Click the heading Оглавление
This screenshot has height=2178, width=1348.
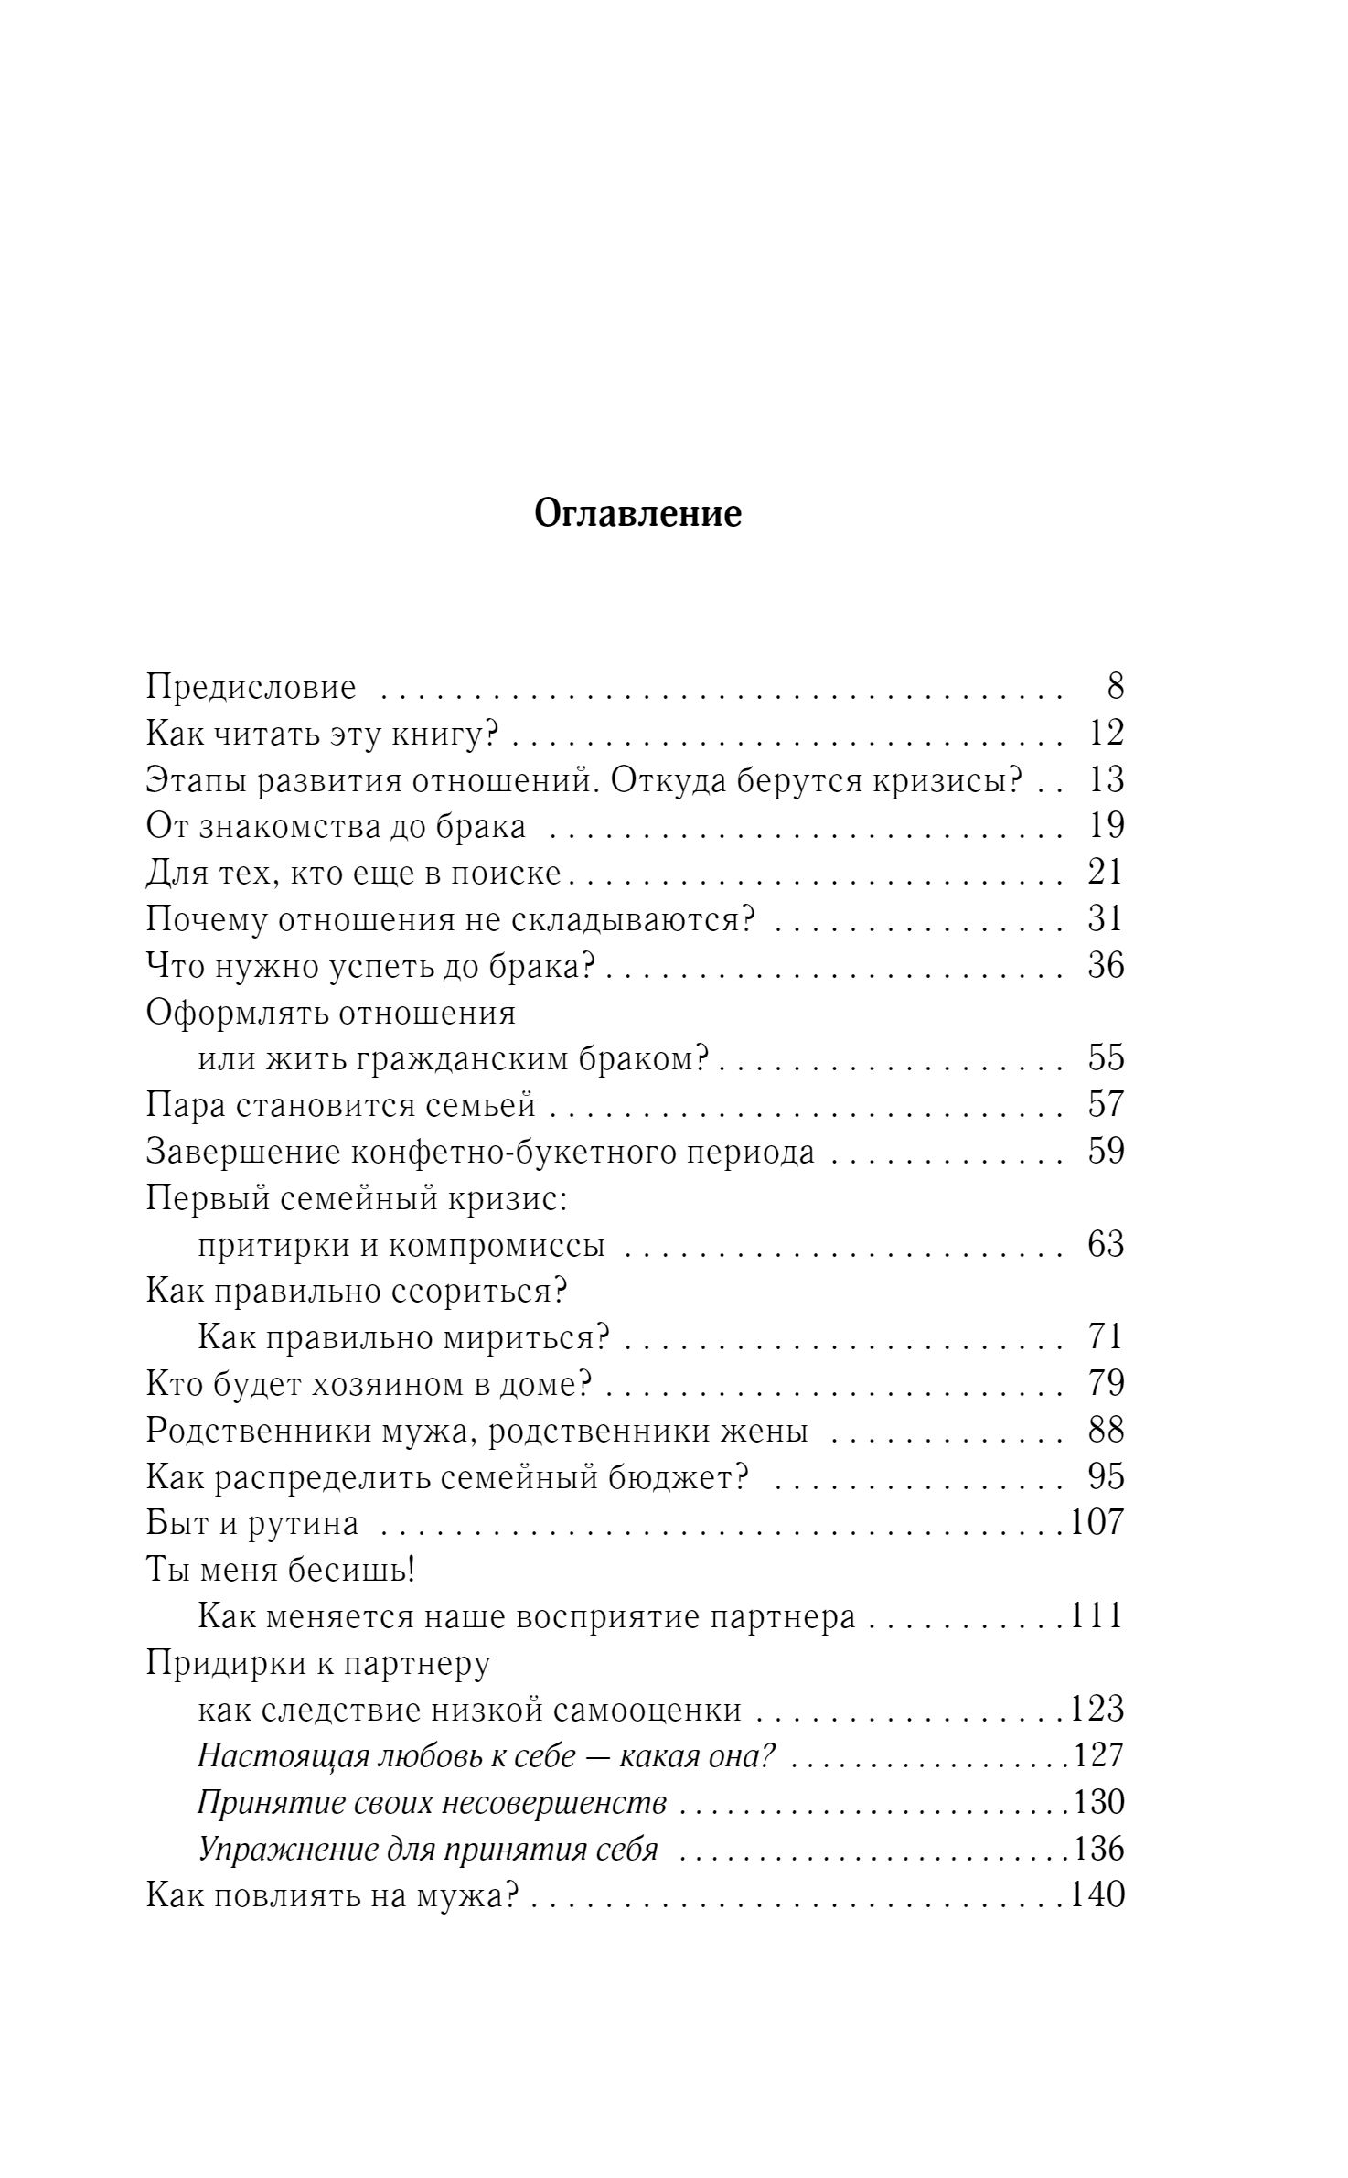[x=637, y=515]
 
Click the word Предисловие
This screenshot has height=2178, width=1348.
[x=251, y=687]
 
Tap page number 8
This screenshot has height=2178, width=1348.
[x=1114, y=687]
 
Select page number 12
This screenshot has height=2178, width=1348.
[x=1106, y=734]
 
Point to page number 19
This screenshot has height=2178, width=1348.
[x=1106, y=826]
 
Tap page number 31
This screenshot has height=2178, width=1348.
[x=1106, y=919]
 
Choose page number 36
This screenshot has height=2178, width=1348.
[x=1106, y=966]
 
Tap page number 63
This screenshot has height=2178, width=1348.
[x=1106, y=1245]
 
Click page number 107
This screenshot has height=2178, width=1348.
[x=1096, y=1523]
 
